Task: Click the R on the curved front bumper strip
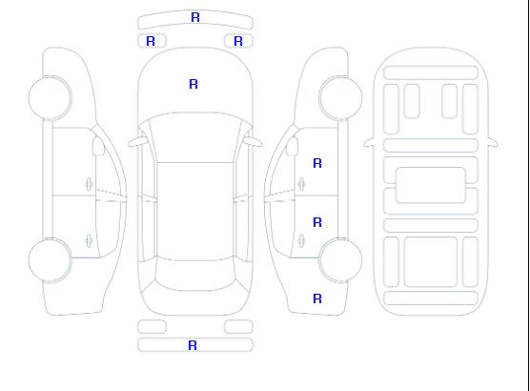[x=195, y=17]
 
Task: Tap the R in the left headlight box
[x=151, y=41]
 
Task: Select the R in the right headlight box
[x=238, y=41]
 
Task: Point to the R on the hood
[x=194, y=84]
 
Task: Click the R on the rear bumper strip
[x=193, y=345]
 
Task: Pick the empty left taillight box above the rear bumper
[x=152, y=327]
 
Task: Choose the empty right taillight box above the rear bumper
[x=238, y=327]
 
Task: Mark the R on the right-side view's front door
[x=317, y=163]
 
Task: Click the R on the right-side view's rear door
[x=317, y=222]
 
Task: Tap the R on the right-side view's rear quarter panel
[x=317, y=298]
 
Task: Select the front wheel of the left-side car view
[x=50, y=98]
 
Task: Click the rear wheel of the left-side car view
[x=50, y=260]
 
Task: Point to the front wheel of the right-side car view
[x=340, y=98]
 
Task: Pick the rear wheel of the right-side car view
[x=340, y=260]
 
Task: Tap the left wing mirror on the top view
[x=137, y=142]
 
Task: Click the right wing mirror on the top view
[x=254, y=142]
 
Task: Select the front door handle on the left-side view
[x=89, y=184]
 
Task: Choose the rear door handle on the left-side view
[x=89, y=240]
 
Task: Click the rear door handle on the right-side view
[x=301, y=240]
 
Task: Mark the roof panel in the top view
[x=195, y=212]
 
